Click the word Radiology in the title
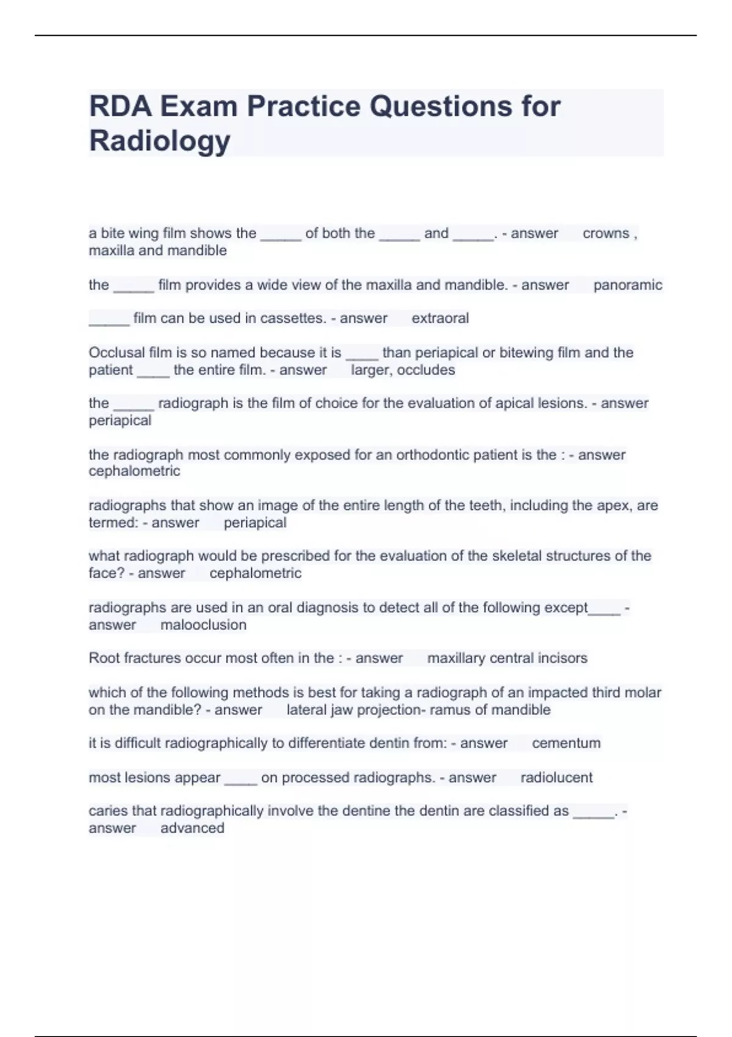(160, 140)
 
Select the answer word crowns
(606, 233)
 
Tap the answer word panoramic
(628, 285)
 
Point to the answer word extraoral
(440, 318)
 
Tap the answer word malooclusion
(203, 625)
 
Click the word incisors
(563, 658)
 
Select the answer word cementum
(566, 743)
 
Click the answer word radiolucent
(556, 777)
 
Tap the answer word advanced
(192, 828)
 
